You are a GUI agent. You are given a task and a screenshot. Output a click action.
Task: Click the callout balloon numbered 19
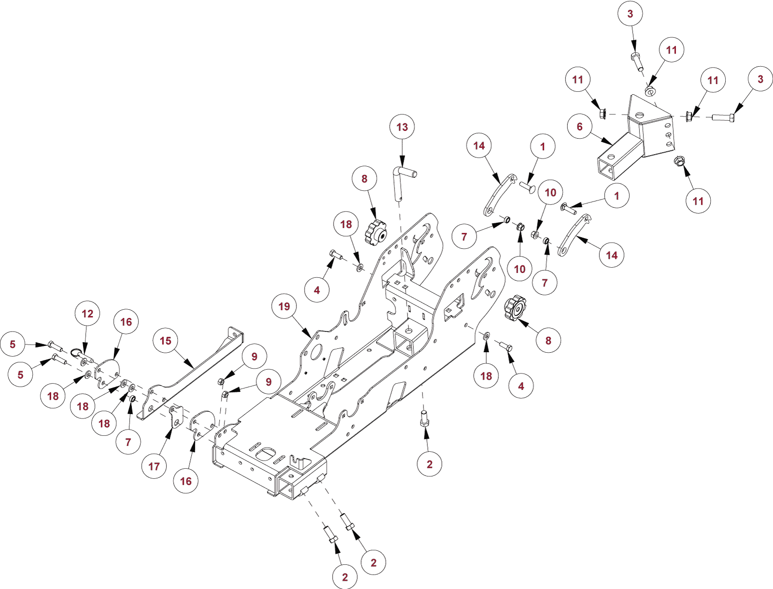point(284,306)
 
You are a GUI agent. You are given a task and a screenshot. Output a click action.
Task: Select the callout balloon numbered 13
point(402,127)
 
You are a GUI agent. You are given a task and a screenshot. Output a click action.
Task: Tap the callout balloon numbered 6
point(579,127)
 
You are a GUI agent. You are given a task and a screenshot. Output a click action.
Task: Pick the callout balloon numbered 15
point(166,341)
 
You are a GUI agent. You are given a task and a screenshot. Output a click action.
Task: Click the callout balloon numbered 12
point(87,314)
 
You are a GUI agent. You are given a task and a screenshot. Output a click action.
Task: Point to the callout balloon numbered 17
point(154,466)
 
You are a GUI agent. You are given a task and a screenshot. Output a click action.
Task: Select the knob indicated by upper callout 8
point(376,231)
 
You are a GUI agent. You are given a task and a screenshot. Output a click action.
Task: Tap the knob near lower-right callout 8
point(515,308)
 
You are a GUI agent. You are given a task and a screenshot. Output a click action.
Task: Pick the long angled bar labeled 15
point(193,372)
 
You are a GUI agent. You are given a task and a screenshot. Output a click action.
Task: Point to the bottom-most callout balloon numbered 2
point(345,577)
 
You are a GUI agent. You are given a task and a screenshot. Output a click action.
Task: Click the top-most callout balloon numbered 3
point(630,14)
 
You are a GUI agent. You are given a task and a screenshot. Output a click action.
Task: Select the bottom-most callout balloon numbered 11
point(698,201)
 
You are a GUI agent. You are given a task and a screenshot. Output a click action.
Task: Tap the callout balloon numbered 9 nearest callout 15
point(254,357)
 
